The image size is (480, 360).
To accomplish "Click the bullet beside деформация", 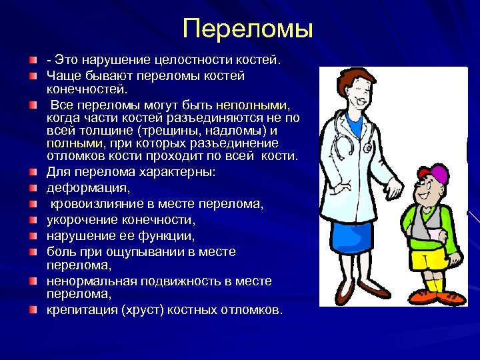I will (34, 189).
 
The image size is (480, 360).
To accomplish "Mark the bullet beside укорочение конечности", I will (34, 219).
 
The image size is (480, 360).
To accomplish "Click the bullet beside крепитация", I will (34, 310).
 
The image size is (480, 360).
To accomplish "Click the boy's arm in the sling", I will (427, 230).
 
